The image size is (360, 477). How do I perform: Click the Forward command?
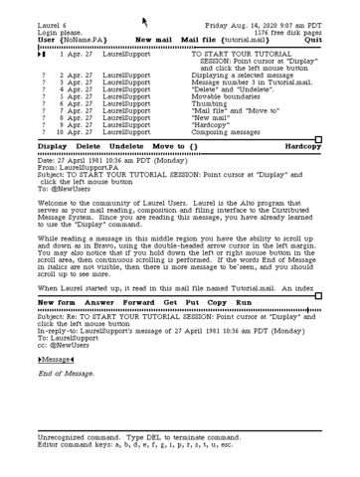click(139, 273)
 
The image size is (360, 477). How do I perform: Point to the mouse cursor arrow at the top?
click(145, 19)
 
